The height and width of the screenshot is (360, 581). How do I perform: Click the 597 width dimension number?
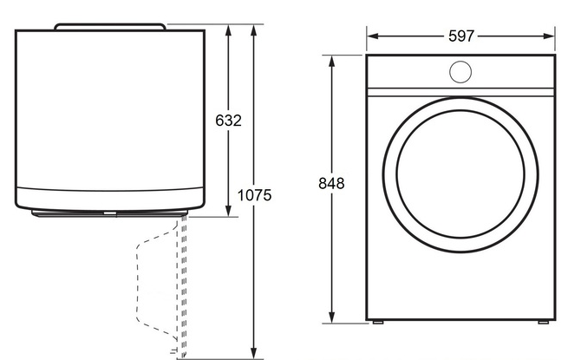coord(461,36)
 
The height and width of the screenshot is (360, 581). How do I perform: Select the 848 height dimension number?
coord(331,183)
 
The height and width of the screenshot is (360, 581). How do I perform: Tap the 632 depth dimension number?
coord(228,121)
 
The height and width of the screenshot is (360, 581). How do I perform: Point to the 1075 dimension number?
coord(254,195)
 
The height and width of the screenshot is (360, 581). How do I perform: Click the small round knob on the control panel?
coord(460,72)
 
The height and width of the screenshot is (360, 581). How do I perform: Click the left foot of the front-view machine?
coord(378,322)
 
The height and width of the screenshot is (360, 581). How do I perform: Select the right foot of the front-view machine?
coord(543,322)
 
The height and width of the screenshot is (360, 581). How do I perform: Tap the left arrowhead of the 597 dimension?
coord(372,36)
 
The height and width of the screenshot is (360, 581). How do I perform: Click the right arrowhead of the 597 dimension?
coord(549,36)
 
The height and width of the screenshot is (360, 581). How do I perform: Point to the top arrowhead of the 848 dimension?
coord(331,62)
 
